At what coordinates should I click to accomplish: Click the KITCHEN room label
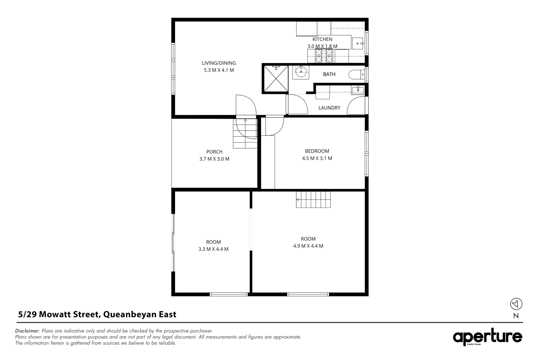(x=322, y=39)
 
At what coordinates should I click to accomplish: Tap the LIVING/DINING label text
(x=219, y=63)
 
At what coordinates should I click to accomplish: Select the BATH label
(x=329, y=74)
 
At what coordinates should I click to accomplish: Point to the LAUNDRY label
(x=329, y=108)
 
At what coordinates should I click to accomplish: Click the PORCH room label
(x=214, y=152)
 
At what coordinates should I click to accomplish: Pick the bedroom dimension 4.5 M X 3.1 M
(x=317, y=158)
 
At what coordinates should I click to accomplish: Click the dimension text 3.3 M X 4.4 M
(x=213, y=249)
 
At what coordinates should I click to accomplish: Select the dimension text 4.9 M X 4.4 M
(x=308, y=246)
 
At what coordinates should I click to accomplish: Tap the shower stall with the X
(x=276, y=79)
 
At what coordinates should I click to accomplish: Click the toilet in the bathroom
(x=357, y=75)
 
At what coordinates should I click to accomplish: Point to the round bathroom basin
(x=301, y=71)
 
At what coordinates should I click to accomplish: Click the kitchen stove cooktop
(x=324, y=55)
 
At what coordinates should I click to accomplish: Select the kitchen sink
(x=358, y=43)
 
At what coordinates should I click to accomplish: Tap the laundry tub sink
(x=358, y=90)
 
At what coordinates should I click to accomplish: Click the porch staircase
(x=245, y=133)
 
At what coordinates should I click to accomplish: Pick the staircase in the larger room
(x=313, y=200)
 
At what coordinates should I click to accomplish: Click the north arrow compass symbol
(x=516, y=304)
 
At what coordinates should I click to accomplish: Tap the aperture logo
(x=487, y=337)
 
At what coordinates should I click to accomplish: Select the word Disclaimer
(x=27, y=331)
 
